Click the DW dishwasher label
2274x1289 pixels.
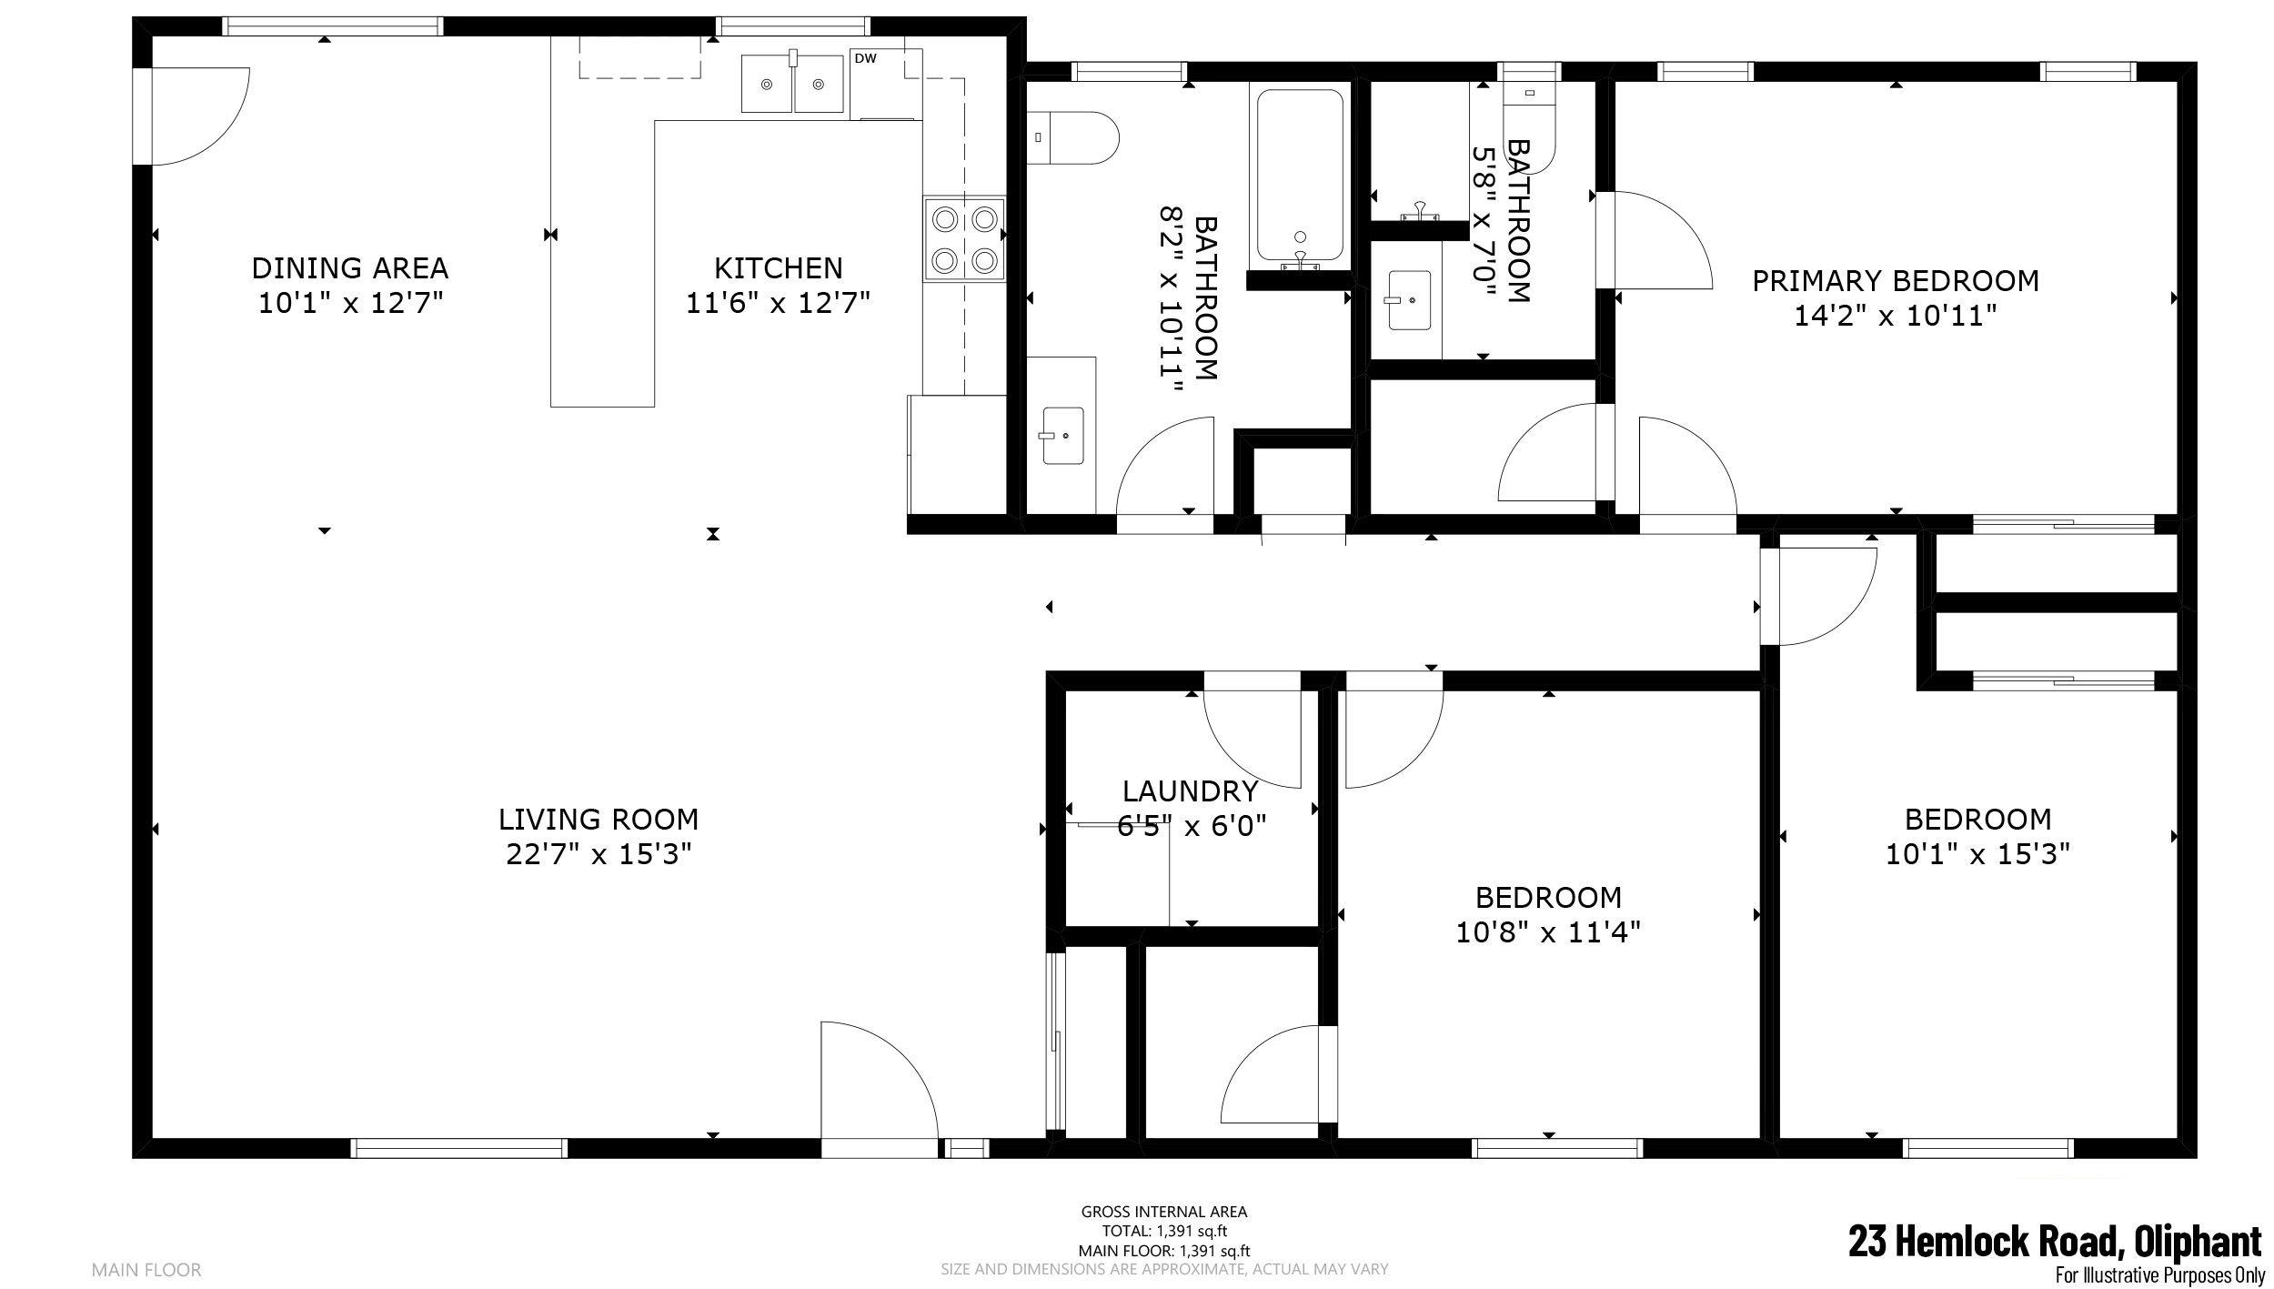point(865,59)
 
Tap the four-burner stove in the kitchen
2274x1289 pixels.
point(964,239)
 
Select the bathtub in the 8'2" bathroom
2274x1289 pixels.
point(1300,176)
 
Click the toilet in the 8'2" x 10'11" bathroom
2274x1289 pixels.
point(1072,137)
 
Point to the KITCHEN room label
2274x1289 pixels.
point(778,267)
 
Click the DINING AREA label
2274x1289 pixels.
point(350,267)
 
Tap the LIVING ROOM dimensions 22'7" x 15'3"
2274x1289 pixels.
point(599,854)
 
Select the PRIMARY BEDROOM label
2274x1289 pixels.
point(1896,281)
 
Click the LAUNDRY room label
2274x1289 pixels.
point(1190,791)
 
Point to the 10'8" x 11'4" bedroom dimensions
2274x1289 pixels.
point(1548,932)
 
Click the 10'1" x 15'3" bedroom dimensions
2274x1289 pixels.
point(1977,854)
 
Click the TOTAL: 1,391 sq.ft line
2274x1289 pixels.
point(1164,1231)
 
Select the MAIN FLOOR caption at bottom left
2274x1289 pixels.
point(146,1269)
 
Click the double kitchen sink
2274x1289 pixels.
point(792,84)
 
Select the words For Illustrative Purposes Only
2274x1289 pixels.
point(2158,1276)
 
